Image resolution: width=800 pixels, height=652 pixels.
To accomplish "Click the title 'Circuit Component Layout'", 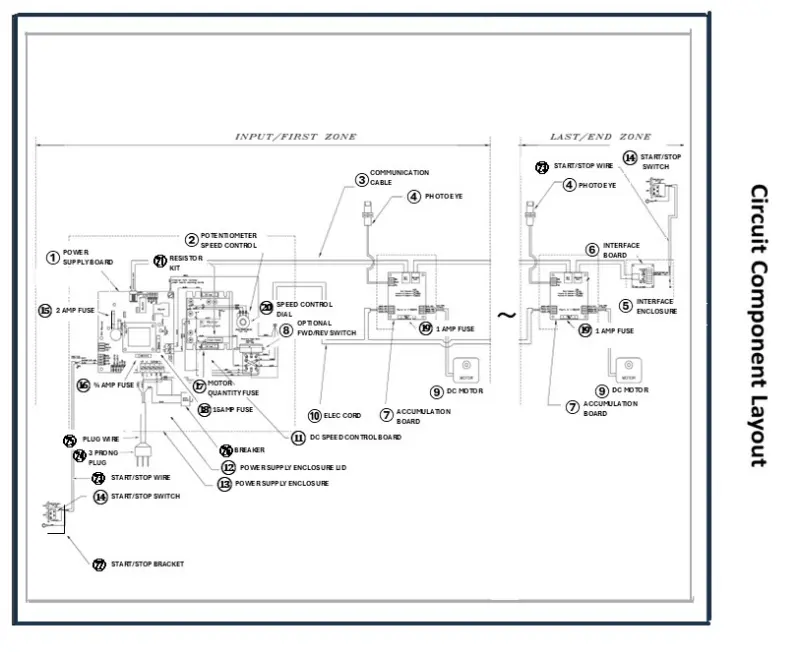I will click(760, 325).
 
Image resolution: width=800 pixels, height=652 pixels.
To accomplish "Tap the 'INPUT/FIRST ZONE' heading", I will click(295, 137).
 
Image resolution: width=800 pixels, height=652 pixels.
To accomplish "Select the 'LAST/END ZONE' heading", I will click(600, 137).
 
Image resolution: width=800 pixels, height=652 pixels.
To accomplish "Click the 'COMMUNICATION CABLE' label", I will click(399, 177).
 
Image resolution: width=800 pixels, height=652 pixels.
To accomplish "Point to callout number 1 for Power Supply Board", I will click(52, 257).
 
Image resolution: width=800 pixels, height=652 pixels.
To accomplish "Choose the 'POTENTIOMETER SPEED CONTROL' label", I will click(228, 240).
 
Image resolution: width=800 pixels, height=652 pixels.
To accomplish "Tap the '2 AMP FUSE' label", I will click(74, 311).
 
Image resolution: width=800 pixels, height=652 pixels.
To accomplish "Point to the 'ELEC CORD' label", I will click(341, 415).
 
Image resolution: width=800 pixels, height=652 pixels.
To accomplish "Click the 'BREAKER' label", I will click(249, 451).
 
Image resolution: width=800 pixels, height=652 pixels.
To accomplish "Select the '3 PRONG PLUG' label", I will click(104, 457).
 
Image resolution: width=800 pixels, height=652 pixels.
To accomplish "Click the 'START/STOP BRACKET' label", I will click(147, 565).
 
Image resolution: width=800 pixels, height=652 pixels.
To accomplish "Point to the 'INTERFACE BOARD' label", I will click(620, 250).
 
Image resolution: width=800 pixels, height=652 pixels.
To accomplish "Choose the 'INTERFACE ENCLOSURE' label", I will click(655, 306).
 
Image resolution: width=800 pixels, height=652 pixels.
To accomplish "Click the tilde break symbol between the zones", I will click(506, 316).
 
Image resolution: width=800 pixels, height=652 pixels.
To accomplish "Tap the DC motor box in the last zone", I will click(628, 371).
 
